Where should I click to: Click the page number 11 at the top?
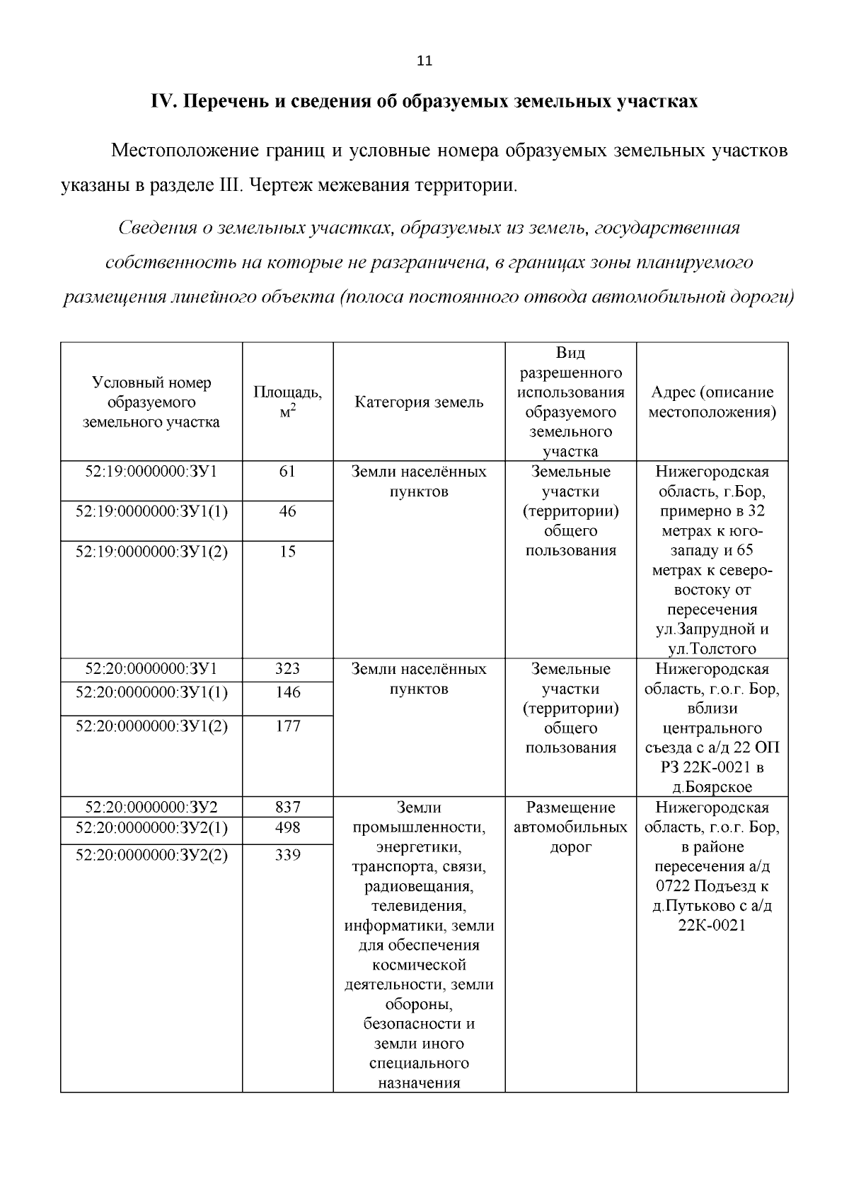pos(424,61)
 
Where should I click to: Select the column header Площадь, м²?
pos(287,402)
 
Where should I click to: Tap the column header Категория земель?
pos(419,402)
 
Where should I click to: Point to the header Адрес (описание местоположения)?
pos(712,402)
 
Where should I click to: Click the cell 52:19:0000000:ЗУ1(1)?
pos(151,511)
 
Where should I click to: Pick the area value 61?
pos(287,472)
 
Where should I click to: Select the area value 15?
pos(287,552)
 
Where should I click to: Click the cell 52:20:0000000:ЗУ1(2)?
pos(151,726)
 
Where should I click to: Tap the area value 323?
pos(287,669)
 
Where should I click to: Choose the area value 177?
pos(287,726)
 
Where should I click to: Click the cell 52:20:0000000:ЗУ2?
pos(151,808)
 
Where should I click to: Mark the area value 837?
pos(287,808)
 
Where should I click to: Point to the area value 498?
pos(287,827)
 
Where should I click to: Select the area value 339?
pos(287,855)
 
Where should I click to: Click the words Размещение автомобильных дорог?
pos(570,827)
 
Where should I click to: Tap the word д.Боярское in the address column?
pos(712,787)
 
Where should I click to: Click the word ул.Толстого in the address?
pos(712,648)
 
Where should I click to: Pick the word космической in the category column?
pos(419,965)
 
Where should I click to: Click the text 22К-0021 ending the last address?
pos(712,926)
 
